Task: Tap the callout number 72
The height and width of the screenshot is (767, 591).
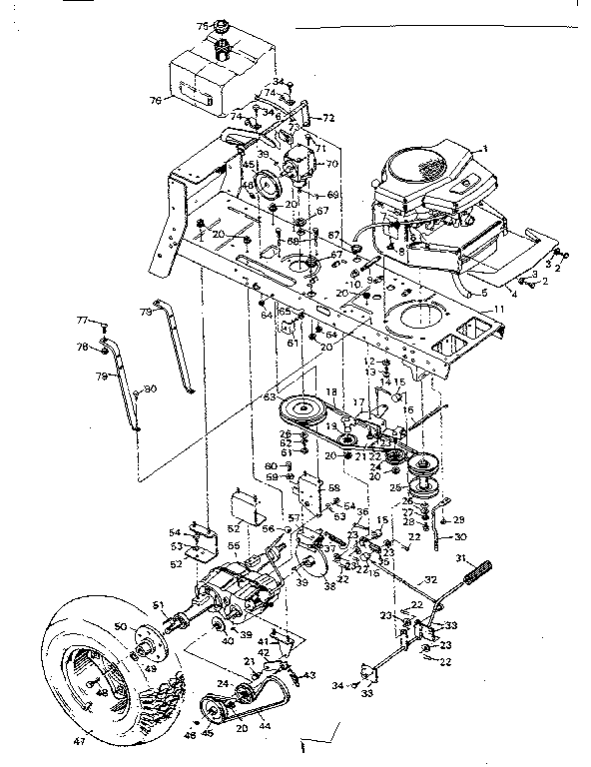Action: tap(328, 119)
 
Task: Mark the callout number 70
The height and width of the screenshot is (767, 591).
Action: tap(333, 163)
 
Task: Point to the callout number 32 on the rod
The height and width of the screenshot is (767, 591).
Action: tap(431, 578)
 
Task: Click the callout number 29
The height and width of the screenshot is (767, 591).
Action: tap(458, 520)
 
